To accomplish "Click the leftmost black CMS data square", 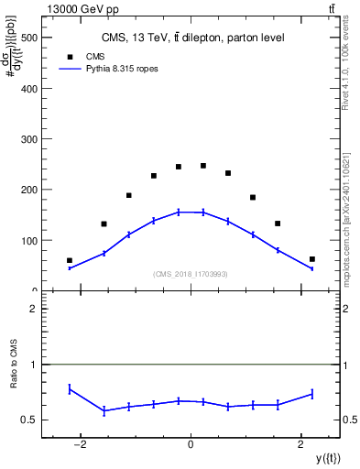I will [x=70, y=260].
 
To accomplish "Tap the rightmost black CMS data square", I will [x=312, y=259].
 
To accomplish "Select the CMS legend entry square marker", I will [x=70, y=56].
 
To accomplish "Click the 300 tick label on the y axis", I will [x=30, y=139].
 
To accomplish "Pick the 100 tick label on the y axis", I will [x=30, y=241].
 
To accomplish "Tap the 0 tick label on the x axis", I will [x=191, y=444].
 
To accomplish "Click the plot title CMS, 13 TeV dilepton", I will [x=192, y=38].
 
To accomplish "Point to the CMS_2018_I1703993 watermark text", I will [x=190, y=274].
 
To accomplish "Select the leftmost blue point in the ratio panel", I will [x=70, y=389].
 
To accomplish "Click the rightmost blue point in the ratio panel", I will [x=312, y=394].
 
